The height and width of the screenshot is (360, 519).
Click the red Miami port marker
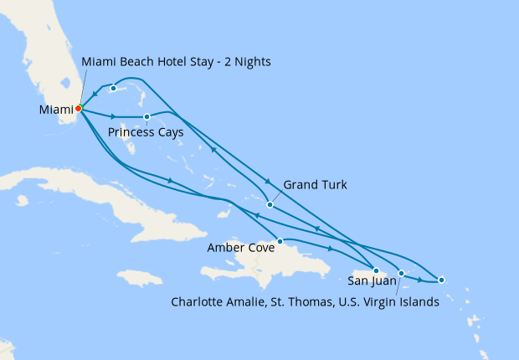click(x=78, y=108)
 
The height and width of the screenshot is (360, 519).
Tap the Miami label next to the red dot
click(x=55, y=110)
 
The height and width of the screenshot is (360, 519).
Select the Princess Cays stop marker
click(x=146, y=117)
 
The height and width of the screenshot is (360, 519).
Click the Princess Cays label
click(x=146, y=132)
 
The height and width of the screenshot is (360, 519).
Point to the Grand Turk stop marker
click(x=270, y=204)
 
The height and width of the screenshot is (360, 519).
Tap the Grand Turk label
click(x=315, y=184)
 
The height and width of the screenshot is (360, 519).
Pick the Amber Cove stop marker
click(x=280, y=241)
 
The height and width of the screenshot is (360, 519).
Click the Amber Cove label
click(x=242, y=248)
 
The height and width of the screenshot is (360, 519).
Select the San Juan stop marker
click(x=376, y=270)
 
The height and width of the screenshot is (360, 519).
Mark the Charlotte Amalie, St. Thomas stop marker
click(x=401, y=273)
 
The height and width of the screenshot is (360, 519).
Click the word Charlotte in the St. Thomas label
click(x=198, y=302)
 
